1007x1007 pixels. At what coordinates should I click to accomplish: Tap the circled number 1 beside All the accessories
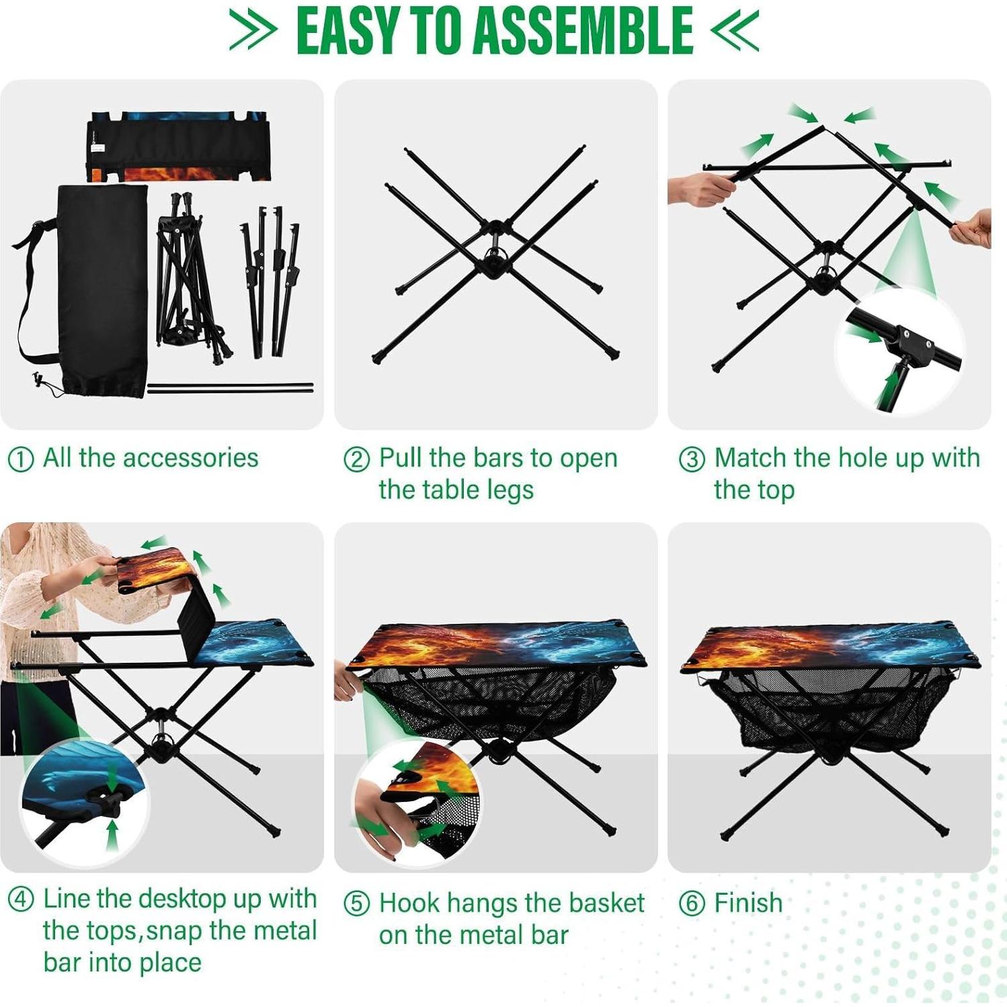click(x=20, y=460)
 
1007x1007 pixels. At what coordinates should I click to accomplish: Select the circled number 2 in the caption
click(x=356, y=460)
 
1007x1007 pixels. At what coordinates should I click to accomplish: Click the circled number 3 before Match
click(x=692, y=460)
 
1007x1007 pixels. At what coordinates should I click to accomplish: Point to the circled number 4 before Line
click(x=20, y=899)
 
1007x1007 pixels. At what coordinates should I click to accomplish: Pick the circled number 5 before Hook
click(x=356, y=904)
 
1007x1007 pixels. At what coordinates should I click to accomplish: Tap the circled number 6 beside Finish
click(x=692, y=904)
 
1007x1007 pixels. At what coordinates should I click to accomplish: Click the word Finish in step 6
click(x=748, y=903)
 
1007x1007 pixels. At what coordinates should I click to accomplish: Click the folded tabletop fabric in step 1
click(x=179, y=147)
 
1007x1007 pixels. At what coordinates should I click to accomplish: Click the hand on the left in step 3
click(x=699, y=188)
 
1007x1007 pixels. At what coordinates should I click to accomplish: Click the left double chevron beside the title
click(x=253, y=30)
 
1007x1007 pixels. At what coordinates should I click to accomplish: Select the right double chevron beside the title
click(x=735, y=30)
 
